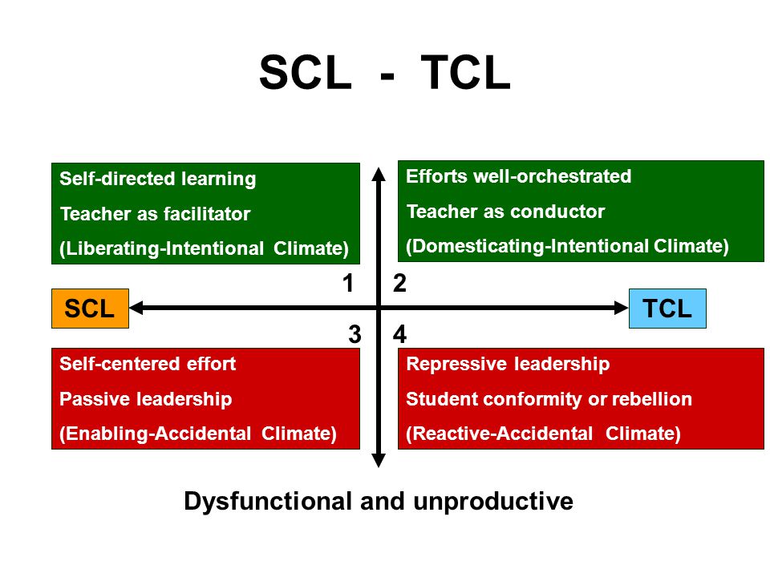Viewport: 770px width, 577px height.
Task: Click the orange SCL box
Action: (91, 308)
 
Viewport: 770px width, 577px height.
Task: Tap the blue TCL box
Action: (667, 308)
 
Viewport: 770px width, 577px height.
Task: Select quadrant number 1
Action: (348, 283)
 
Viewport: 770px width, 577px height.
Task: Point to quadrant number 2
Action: (399, 283)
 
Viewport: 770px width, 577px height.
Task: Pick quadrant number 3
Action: (355, 335)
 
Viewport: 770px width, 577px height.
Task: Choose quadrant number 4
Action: (399, 335)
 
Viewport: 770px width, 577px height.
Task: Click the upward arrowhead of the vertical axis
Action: (379, 174)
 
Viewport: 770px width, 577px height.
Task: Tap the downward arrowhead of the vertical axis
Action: (379, 460)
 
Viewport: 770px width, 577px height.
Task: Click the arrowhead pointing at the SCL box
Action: (136, 308)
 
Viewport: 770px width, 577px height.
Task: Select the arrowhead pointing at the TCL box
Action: (621, 308)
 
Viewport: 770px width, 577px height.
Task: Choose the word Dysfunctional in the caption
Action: (268, 502)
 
